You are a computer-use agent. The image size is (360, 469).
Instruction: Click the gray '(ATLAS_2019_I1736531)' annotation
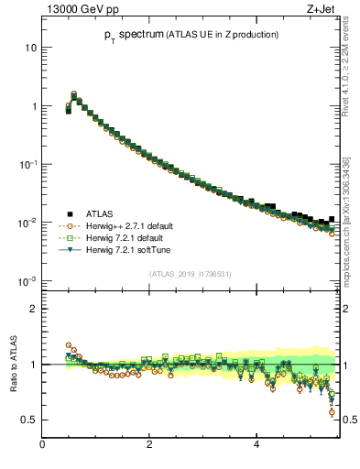[x=191, y=273]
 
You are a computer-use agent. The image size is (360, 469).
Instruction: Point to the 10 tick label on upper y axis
[x=31, y=48]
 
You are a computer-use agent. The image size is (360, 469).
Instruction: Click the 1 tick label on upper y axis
[x=34, y=106]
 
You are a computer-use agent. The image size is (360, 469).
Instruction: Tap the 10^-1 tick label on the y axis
[x=28, y=164]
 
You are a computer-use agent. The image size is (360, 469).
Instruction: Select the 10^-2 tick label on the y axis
[x=28, y=223]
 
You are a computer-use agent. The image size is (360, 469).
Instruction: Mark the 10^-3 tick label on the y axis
[x=28, y=280]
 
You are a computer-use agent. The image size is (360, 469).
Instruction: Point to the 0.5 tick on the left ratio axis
[x=30, y=420]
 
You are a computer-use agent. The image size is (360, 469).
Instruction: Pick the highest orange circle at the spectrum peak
[x=74, y=93]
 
